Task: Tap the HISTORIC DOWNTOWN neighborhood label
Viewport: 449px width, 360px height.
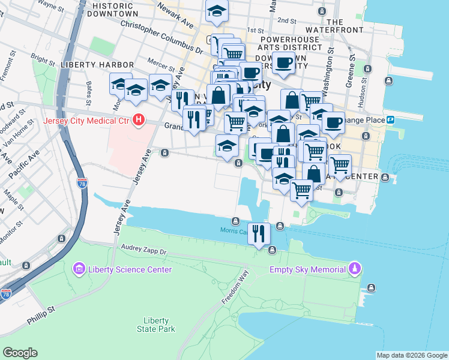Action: point(112,9)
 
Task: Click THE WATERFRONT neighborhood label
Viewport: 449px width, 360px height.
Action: point(334,26)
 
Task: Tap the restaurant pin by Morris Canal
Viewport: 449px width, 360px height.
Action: point(259,233)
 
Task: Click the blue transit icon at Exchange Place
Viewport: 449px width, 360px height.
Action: point(390,119)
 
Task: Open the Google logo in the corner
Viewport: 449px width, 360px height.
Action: point(20,353)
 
